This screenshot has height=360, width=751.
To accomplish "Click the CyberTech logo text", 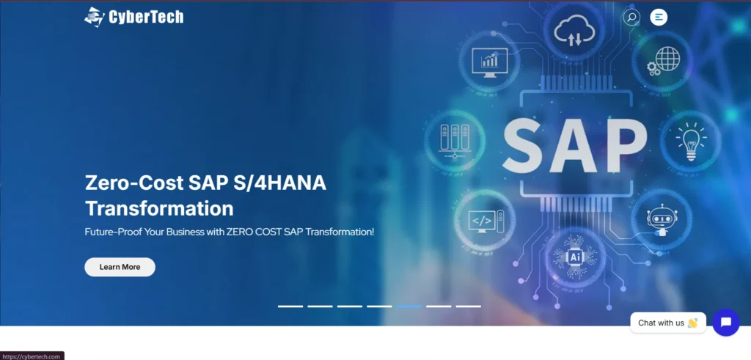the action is [x=146, y=18].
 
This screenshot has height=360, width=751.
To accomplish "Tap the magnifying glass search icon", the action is [x=631, y=18].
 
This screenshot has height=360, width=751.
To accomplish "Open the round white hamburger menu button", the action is [x=659, y=18].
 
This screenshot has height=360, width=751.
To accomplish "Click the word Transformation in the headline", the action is [x=159, y=208].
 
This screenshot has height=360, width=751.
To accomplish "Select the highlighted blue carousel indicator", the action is [x=409, y=306].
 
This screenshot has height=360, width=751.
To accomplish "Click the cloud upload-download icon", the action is [x=574, y=31].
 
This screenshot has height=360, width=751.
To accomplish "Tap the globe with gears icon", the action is [x=663, y=62].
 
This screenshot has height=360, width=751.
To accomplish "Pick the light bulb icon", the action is [x=690, y=141].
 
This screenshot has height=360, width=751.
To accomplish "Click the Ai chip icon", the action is [x=575, y=257].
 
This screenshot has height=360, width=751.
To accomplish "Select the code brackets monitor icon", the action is [x=486, y=221].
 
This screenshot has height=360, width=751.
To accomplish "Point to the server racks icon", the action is [x=455, y=142].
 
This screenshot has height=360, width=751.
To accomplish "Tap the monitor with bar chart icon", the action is [x=489, y=62].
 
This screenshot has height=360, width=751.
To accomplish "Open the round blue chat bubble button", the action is [x=726, y=323].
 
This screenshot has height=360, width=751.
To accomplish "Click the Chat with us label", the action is [x=661, y=323].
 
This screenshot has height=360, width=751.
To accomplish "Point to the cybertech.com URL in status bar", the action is [x=32, y=356].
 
